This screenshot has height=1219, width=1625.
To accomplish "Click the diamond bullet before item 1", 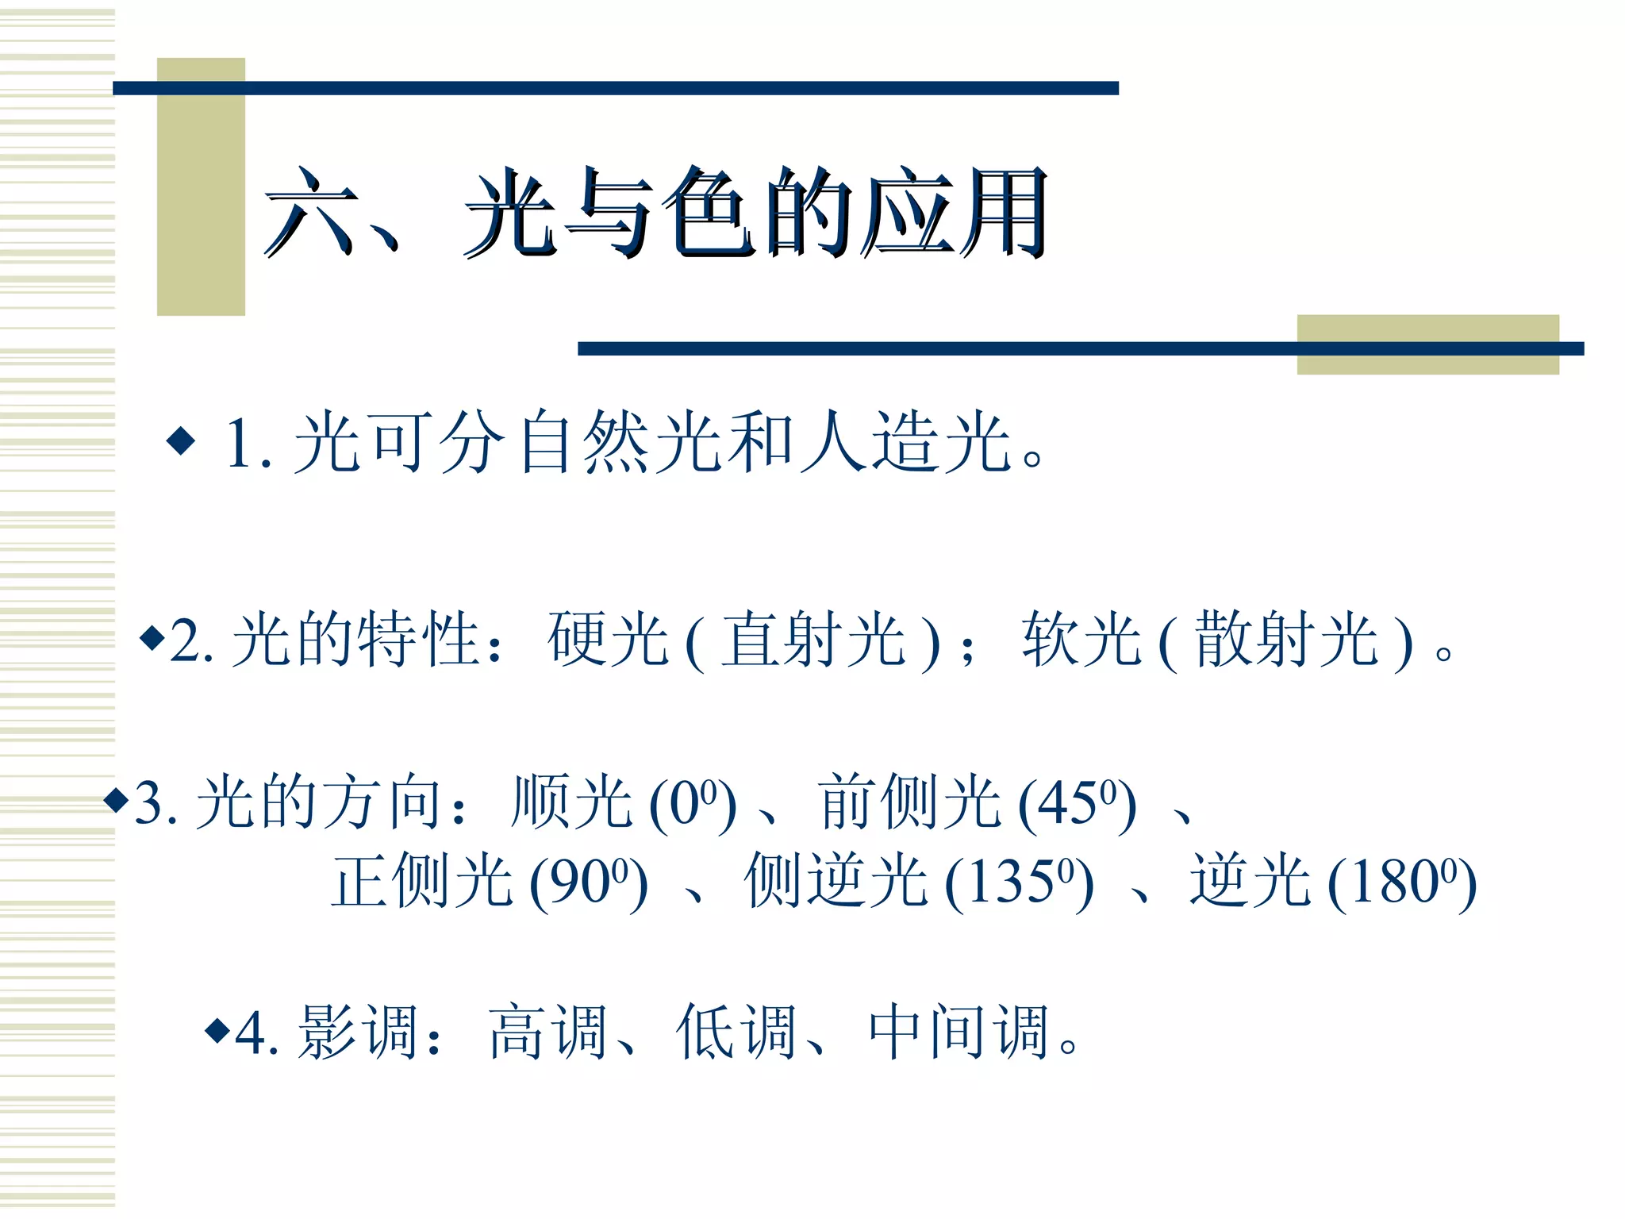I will coord(181,440).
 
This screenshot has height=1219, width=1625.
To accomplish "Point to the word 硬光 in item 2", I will coord(608,640).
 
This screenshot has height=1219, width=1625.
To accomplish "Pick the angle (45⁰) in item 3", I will coord(1077,803).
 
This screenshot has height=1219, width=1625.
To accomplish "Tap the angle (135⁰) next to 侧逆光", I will coord(1019,882).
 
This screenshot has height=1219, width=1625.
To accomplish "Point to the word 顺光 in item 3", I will coord(572,802).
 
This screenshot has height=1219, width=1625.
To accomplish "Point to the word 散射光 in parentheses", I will coord(1286,640).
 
